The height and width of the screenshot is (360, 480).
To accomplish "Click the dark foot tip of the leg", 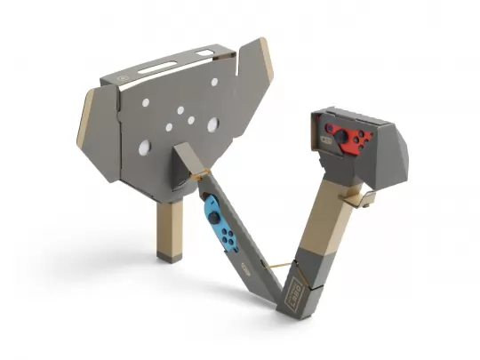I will click(x=166, y=257).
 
